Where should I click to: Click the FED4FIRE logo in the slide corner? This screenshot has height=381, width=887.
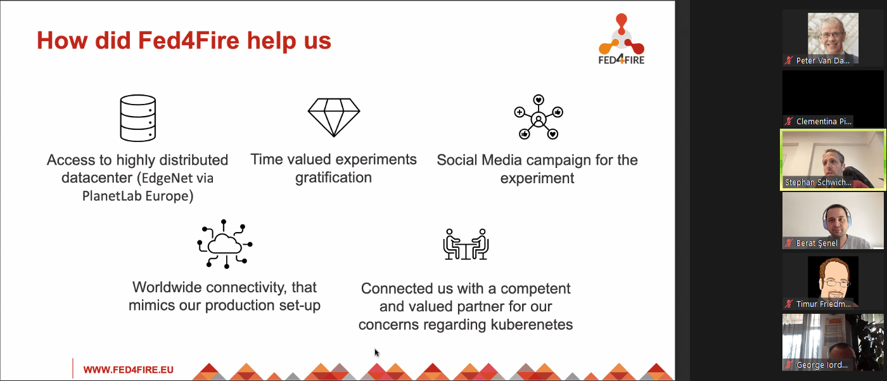click(622, 39)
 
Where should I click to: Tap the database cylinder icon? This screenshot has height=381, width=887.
click(138, 118)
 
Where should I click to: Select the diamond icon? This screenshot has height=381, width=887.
click(334, 117)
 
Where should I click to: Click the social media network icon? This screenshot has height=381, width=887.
click(539, 117)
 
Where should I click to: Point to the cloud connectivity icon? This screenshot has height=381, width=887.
click(224, 244)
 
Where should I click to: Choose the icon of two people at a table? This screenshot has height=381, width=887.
click(466, 244)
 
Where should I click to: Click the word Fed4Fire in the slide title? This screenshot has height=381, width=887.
click(189, 41)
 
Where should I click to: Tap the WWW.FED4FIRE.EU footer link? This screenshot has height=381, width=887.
click(128, 370)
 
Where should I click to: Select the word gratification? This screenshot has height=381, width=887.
click(333, 178)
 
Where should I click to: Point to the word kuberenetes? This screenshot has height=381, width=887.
click(532, 325)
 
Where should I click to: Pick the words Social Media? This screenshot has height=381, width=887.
click(479, 160)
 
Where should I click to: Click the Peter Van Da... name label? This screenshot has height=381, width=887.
click(823, 61)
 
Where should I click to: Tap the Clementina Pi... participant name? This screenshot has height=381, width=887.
click(824, 122)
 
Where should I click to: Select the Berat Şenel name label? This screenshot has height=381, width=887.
click(817, 243)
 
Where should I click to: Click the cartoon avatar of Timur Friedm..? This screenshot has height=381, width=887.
click(833, 282)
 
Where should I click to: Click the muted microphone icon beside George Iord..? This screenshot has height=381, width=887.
click(789, 365)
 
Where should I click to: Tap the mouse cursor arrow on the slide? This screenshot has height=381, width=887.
click(376, 352)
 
